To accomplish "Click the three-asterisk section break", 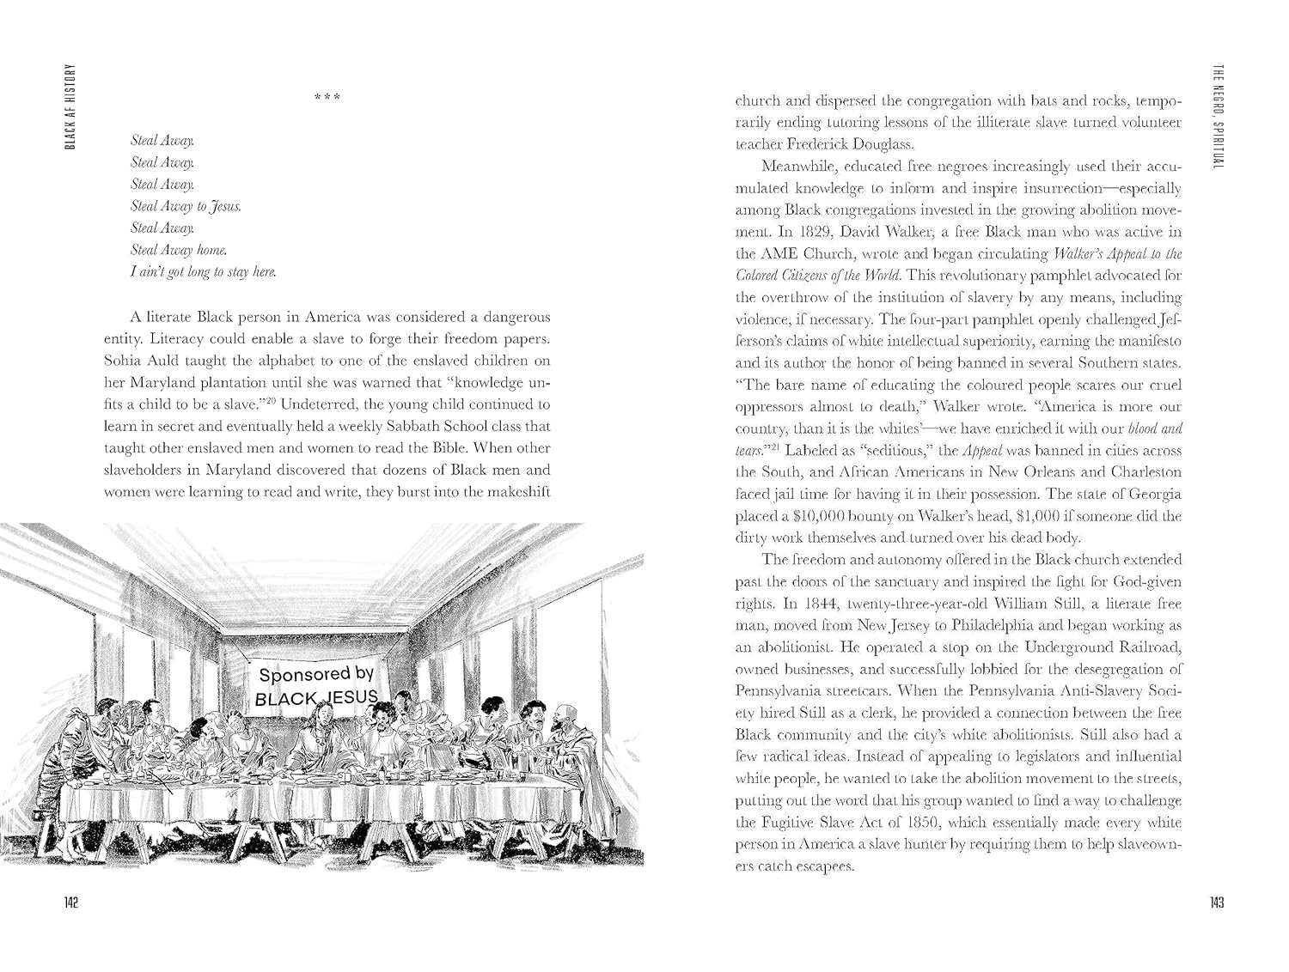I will (x=327, y=96).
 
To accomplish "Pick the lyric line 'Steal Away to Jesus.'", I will (x=186, y=206).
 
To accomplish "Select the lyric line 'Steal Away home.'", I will (x=179, y=250).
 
